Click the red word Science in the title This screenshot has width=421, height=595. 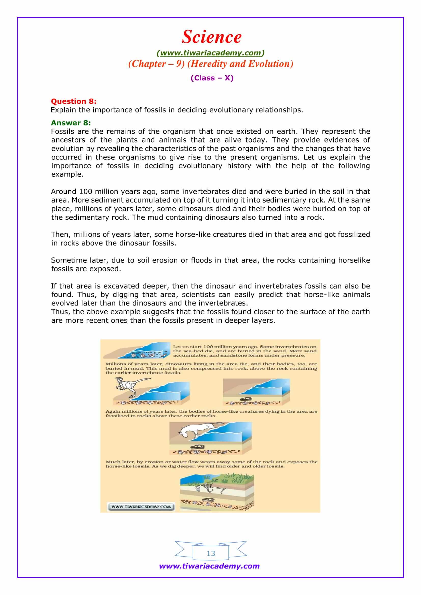tap(211, 37)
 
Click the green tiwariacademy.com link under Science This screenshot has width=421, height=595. tap(210, 53)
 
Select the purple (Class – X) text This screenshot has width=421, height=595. tap(212, 78)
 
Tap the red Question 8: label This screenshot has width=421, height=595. tap(73, 101)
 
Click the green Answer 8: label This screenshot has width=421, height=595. tap(71, 123)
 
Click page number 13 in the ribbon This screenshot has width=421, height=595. tap(211, 554)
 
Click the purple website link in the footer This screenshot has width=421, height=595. tap(209, 566)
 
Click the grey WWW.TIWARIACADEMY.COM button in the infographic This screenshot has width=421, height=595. tap(141, 507)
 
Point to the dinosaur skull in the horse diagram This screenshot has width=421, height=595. tap(198, 446)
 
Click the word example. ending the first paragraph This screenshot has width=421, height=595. tap(67, 175)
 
